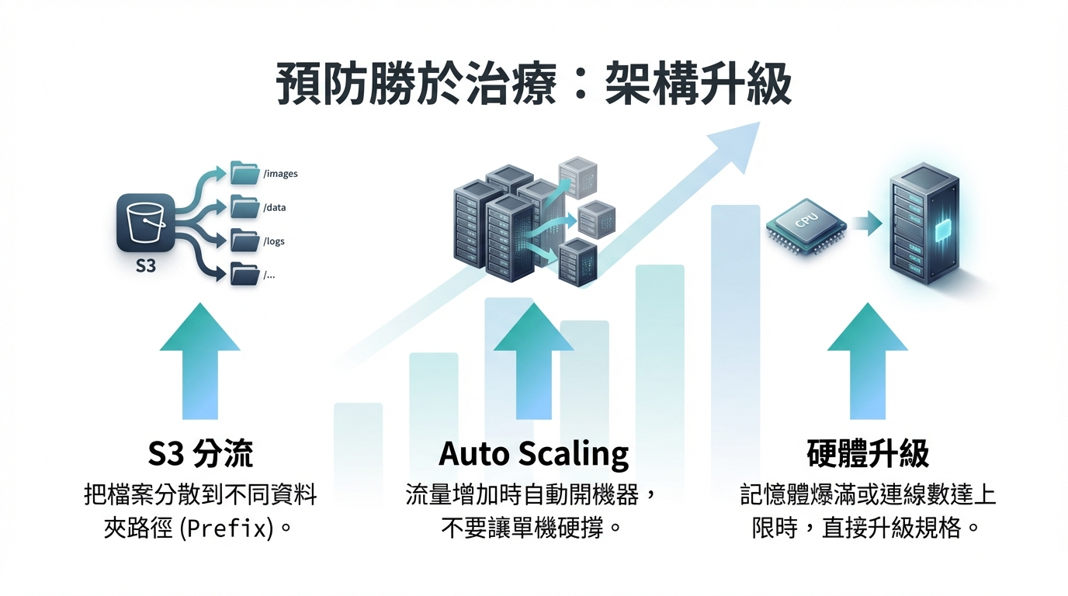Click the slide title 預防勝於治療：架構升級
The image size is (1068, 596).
pyautogui.click(x=534, y=85)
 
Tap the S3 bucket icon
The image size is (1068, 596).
pyautogui.click(x=146, y=223)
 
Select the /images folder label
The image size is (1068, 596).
pyautogui.click(x=280, y=174)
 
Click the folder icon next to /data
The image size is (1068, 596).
pyautogui.click(x=245, y=207)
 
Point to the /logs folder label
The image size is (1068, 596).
pyautogui.click(x=274, y=241)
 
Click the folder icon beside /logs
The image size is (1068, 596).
pyautogui.click(x=245, y=241)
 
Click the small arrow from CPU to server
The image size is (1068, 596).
pyautogui.click(x=866, y=225)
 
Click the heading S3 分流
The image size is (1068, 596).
pyautogui.click(x=200, y=454)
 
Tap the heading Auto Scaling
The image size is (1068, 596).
pyautogui.click(x=534, y=454)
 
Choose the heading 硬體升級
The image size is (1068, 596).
pyautogui.click(x=868, y=454)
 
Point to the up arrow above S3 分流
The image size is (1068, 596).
pyautogui.click(x=200, y=361)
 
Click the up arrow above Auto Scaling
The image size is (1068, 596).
pyautogui.click(x=534, y=361)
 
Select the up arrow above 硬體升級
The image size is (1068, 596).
pyautogui.click(x=868, y=361)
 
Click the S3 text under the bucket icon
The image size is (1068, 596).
pyautogui.click(x=146, y=266)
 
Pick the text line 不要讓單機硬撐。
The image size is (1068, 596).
pyautogui.click(x=534, y=529)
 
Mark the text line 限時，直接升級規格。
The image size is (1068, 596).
pyautogui.click(x=868, y=529)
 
